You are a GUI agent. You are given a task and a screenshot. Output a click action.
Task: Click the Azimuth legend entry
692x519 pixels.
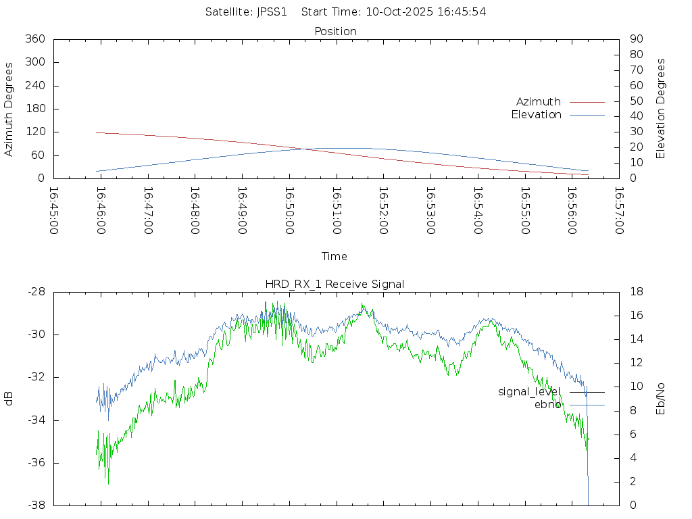click(539, 102)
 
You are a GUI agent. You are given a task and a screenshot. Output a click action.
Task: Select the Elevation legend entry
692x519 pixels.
click(537, 115)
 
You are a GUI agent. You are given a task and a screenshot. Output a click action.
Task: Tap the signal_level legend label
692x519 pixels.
click(530, 392)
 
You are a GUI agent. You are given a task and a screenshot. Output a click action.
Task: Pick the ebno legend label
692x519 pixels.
click(548, 405)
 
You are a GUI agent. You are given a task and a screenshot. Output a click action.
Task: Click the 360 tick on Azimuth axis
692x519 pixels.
click(34, 39)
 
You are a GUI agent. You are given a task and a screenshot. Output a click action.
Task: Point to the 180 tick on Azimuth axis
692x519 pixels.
click(34, 109)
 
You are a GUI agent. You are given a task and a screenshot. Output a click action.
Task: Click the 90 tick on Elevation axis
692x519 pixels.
click(635, 39)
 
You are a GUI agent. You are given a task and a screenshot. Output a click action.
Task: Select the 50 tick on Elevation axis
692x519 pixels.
click(635, 101)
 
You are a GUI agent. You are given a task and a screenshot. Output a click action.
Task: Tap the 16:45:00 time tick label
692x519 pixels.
click(54, 211)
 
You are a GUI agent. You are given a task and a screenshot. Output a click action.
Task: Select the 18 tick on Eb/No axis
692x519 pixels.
click(635, 292)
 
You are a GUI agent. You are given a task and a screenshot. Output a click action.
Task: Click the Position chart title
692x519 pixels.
click(336, 32)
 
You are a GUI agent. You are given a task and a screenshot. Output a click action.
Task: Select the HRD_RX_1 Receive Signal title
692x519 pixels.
click(335, 284)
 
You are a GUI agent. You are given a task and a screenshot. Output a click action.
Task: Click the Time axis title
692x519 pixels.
click(335, 257)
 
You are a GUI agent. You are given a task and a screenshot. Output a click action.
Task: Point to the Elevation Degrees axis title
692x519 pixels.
click(661, 108)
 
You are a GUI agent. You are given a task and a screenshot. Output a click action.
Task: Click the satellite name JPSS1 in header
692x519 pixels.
click(272, 11)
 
